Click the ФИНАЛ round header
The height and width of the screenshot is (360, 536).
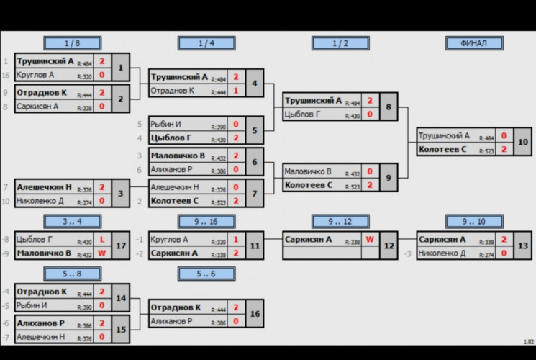click(474, 43)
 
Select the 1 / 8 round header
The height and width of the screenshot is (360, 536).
click(72, 43)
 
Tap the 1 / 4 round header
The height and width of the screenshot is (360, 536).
click(206, 43)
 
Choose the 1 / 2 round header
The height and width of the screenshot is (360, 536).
click(340, 43)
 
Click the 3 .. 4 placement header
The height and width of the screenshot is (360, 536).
click(72, 221)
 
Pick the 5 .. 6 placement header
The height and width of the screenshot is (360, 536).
click(206, 273)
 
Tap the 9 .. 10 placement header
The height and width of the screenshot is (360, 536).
click(474, 221)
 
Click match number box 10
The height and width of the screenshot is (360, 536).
click(523, 143)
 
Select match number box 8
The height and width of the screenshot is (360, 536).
click(389, 107)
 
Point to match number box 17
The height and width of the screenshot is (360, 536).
click(121, 246)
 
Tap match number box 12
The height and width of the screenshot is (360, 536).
click(389, 246)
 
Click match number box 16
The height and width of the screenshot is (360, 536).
click(255, 314)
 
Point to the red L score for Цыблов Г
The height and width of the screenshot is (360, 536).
click(102, 240)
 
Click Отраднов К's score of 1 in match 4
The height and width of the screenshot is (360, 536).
click(235, 91)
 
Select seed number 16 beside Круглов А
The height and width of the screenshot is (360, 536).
click(6, 75)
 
